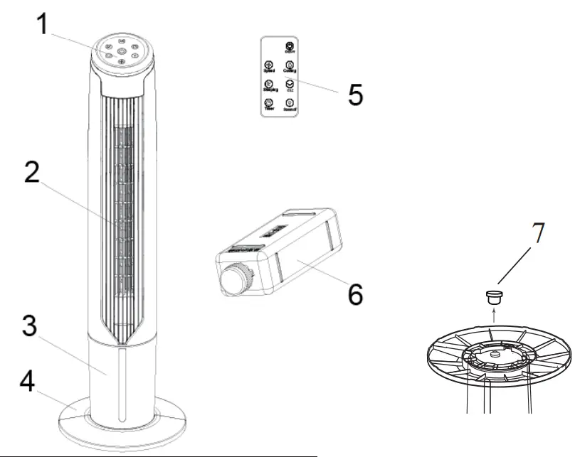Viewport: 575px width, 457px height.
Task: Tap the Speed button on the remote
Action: [x=268, y=66]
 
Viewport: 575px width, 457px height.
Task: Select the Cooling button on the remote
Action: [x=289, y=66]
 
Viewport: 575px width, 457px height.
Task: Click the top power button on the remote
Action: [x=289, y=47]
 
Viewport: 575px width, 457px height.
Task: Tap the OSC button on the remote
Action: [x=290, y=85]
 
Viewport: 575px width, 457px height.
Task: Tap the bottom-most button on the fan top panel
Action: [x=121, y=65]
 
